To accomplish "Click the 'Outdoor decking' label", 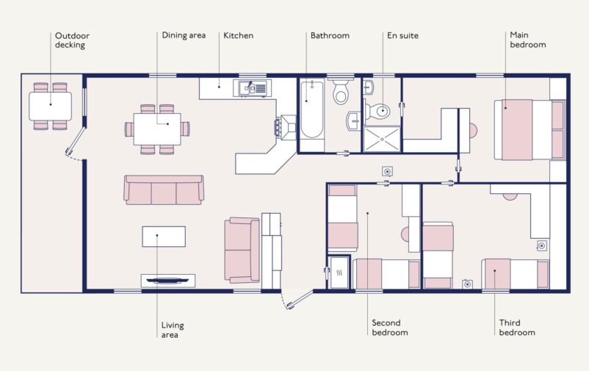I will point(71,40).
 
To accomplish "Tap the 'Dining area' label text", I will point(184,35).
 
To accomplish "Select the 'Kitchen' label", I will point(239,35).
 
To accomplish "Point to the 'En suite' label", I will point(402,35).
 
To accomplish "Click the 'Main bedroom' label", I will point(528,40).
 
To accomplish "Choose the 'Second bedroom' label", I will point(389,328).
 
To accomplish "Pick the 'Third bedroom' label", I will point(517,328).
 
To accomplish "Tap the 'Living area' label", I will point(172,330).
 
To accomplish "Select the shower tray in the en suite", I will point(383,139).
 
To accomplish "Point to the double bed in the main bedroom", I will point(529,129).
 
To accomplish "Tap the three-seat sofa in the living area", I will point(163,190).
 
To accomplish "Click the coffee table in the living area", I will point(164,237).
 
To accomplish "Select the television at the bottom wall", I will point(167,280).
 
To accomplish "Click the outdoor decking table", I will point(50,106).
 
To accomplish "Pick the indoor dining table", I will point(156,129).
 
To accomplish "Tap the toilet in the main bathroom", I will point(340,93).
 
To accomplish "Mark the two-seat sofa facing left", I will point(242,250).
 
